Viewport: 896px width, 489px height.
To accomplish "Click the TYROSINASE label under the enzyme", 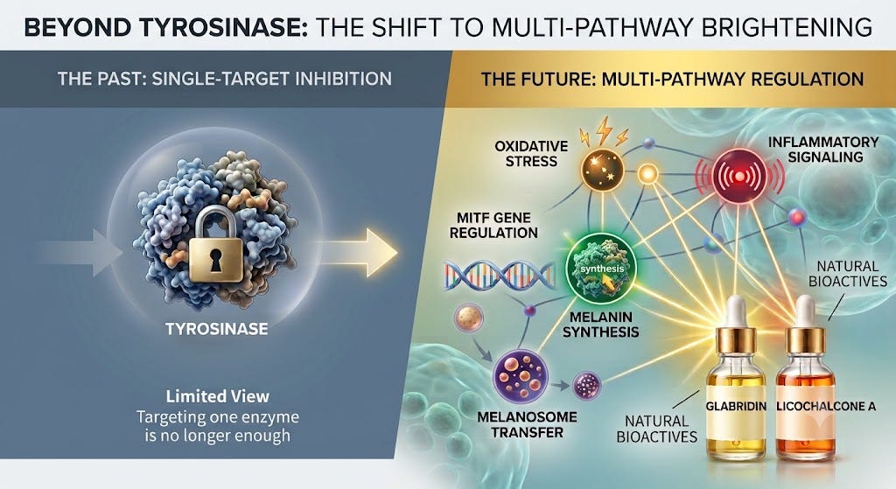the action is point(217,329).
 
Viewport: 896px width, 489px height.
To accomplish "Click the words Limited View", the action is point(218,396).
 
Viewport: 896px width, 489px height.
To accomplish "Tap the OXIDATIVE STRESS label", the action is point(531,154).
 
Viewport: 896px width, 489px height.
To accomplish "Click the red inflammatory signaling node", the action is point(740,176).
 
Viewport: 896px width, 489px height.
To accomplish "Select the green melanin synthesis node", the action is point(601,268).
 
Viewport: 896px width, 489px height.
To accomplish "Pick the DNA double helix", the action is point(499,275).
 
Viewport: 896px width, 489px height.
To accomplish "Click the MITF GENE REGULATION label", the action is point(493,225).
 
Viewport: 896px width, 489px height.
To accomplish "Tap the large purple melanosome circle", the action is point(520,376).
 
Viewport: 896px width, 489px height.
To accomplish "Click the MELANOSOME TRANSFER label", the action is point(527,424).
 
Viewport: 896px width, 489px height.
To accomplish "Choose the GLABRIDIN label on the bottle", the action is point(736,406).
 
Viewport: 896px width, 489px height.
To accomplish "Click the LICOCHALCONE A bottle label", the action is point(826,406).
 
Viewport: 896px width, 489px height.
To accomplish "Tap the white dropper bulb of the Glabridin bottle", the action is point(736,311).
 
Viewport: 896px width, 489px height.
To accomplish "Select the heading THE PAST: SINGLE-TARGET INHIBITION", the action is point(225,78).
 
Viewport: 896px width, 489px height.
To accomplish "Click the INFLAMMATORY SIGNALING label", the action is point(823,149).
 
